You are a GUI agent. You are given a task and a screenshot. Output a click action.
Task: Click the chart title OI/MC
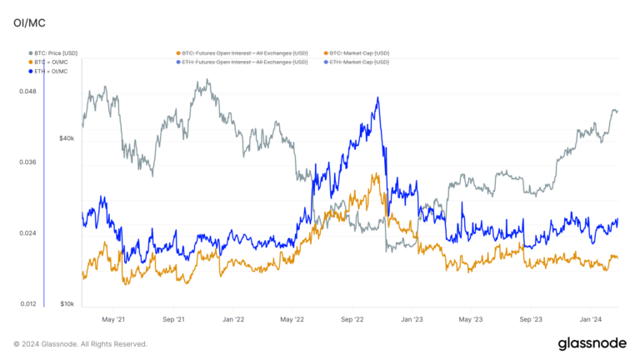click(28, 25)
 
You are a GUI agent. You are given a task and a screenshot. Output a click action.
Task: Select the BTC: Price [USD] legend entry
click(58, 52)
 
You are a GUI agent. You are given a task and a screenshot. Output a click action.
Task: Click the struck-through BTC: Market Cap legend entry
click(359, 52)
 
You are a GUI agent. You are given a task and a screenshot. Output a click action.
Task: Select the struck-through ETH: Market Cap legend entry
click(359, 62)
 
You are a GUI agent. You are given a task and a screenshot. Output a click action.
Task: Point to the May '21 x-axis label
click(112, 319)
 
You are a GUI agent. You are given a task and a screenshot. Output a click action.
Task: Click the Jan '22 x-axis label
click(232, 319)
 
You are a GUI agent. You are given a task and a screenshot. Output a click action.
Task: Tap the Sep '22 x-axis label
click(353, 319)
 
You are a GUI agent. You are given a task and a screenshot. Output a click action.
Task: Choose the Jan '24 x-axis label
click(592, 319)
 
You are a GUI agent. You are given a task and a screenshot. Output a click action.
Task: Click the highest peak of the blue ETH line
click(377, 98)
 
